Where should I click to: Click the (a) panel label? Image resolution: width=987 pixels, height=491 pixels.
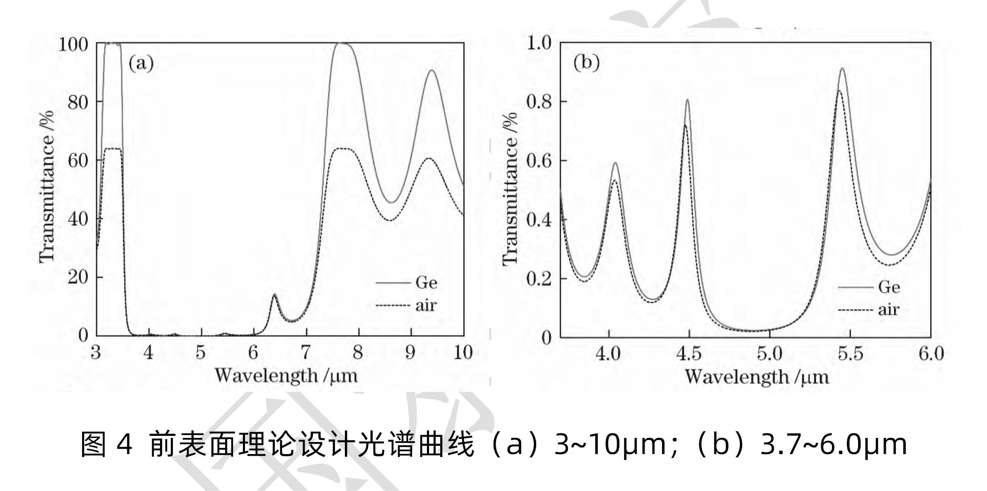coord(141,64)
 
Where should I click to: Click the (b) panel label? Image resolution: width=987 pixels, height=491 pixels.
coord(586,63)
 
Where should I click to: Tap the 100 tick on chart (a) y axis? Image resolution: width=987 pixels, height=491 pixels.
coord(73,44)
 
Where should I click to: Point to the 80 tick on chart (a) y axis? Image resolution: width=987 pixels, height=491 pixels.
coord(78,102)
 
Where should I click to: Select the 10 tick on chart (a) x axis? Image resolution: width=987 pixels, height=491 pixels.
coord(463,353)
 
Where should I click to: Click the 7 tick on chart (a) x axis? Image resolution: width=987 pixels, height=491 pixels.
coord(306,353)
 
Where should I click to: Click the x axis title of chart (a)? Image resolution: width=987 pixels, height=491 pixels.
coord(286,376)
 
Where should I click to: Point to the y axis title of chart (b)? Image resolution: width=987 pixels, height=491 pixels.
coord(511,189)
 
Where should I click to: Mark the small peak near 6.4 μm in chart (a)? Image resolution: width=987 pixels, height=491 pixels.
coord(274,295)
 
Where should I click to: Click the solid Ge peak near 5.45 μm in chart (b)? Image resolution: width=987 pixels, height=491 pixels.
coord(842,69)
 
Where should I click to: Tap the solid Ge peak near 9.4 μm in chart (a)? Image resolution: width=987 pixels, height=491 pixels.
coord(432,70)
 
